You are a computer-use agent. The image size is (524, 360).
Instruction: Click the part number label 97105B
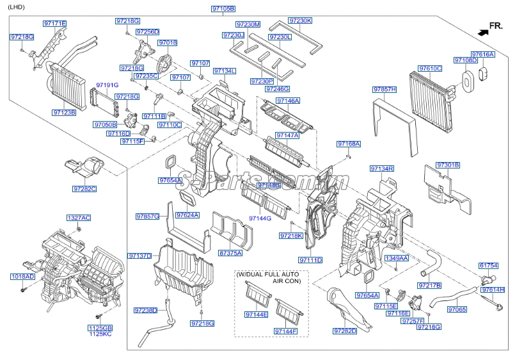(x=223, y=9)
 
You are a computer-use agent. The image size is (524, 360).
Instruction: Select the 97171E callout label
(x=54, y=24)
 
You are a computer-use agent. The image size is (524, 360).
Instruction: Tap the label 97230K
(x=300, y=20)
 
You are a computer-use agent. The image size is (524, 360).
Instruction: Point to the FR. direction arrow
(x=481, y=29)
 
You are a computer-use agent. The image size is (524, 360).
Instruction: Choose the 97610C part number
(x=430, y=68)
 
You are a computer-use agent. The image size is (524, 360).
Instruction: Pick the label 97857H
(x=385, y=89)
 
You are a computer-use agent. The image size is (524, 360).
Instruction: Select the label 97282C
(x=84, y=189)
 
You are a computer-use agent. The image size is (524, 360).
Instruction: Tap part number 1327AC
(x=79, y=218)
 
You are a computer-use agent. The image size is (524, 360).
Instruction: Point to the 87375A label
(x=230, y=253)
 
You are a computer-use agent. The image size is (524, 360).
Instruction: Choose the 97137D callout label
(x=139, y=256)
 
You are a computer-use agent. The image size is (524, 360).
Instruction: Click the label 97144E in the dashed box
(x=256, y=315)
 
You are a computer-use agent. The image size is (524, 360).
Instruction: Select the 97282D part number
(x=344, y=331)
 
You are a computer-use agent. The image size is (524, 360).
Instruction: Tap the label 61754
(x=488, y=265)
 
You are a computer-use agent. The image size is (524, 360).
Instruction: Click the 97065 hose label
(x=457, y=309)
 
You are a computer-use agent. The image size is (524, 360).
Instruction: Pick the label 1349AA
(x=397, y=258)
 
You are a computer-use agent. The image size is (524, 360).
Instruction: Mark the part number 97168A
(x=349, y=144)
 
